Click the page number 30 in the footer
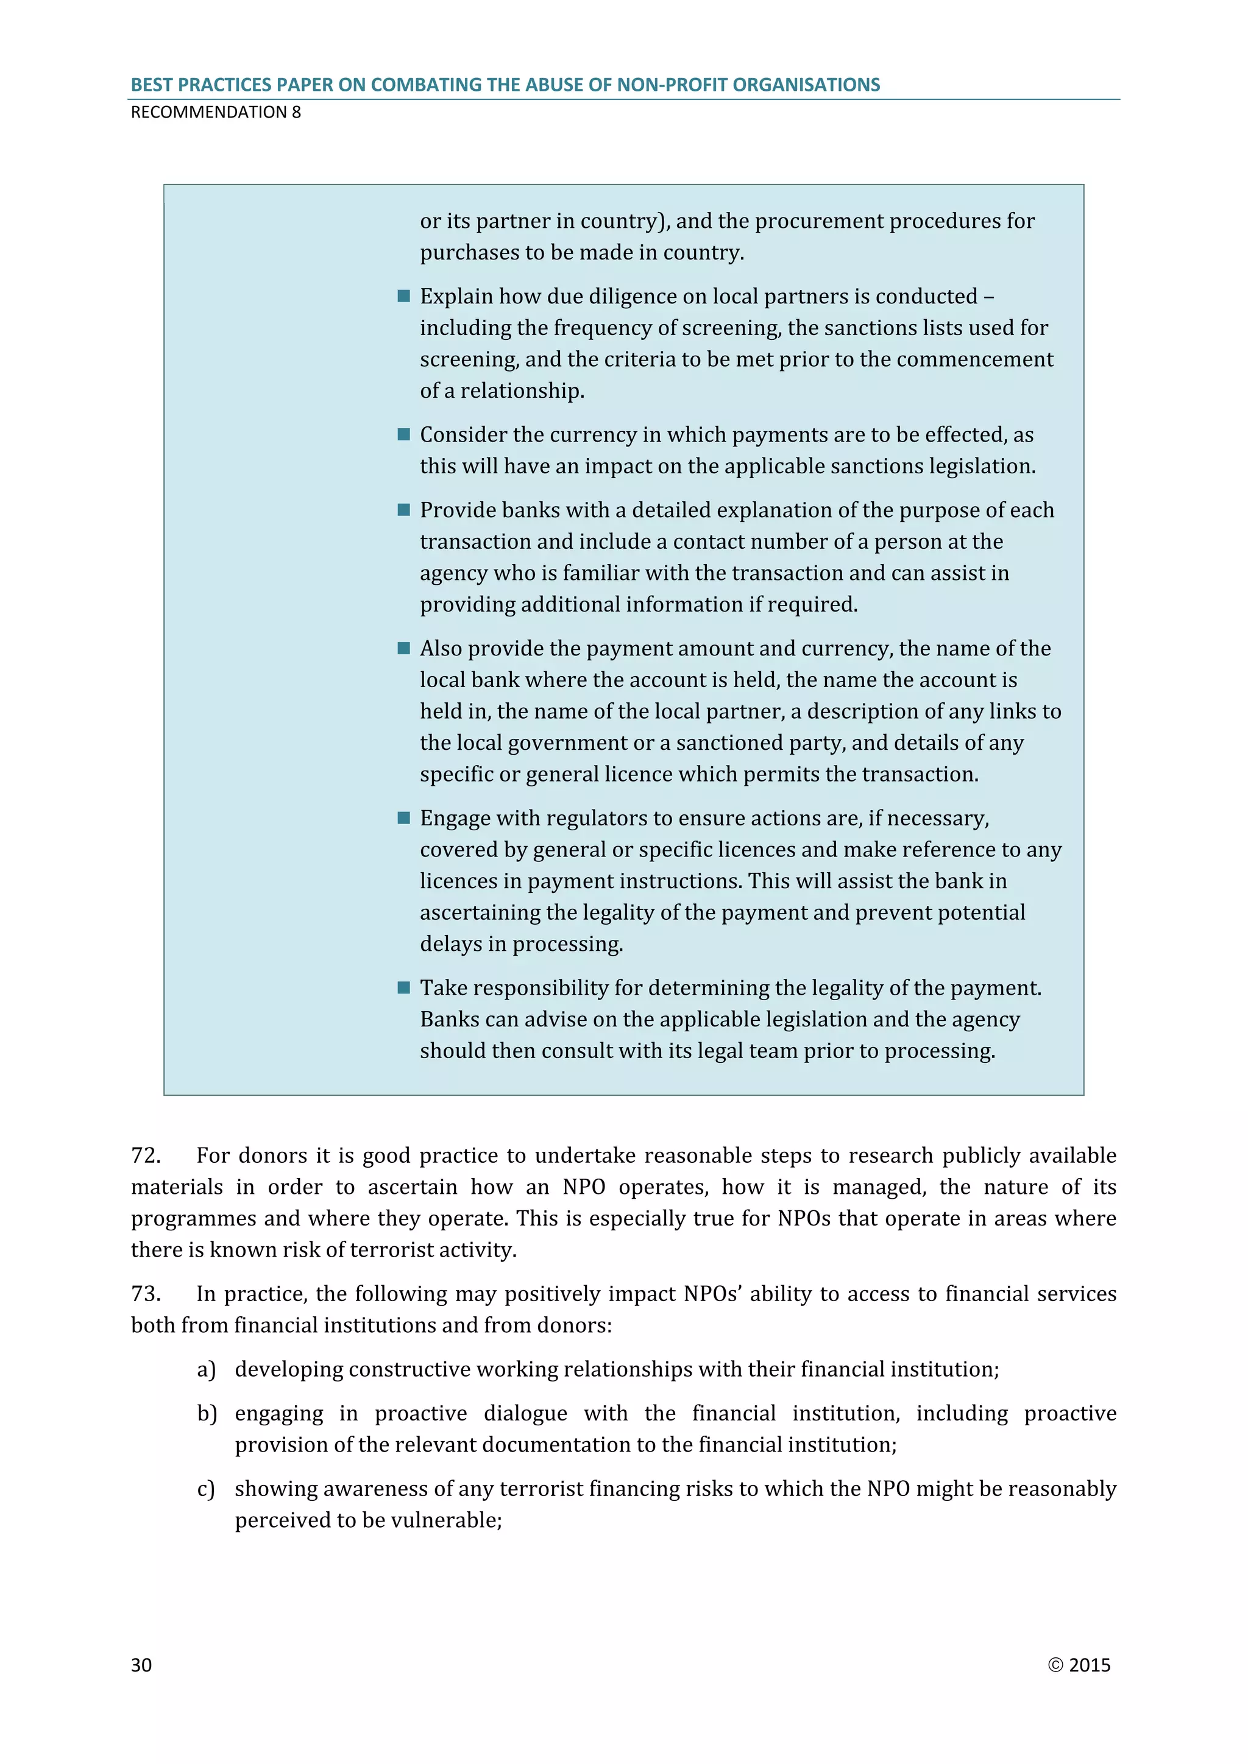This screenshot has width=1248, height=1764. pyautogui.click(x=141, y=1665)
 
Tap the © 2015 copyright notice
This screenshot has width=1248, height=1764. pyautogui.click(x=1079, y=1665)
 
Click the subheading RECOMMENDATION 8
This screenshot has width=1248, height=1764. pyautogui.click(x=216, y=112)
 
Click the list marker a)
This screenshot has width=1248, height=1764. pyautogui.click(x=207, y=1369)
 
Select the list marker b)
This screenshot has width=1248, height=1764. pyautogui.click(x=207, y=1414)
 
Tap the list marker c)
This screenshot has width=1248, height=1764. pyautogui.click(x=206, y=1489)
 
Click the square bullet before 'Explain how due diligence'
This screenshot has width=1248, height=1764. pyautogui.click(x=403, y=297)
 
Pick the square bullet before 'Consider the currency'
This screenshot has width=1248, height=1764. pyautogui.click(x=403, y=435)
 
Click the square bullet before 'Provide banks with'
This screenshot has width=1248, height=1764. pyautogui.click(x=403, y=510)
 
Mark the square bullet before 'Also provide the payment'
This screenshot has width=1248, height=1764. pyautogui.click(x=403, y=649)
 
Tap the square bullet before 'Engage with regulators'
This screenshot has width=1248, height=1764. pyautogui.click(x=403, y=818)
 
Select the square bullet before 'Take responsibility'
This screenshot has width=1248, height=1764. pyautogui.click(x=403, y=988)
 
